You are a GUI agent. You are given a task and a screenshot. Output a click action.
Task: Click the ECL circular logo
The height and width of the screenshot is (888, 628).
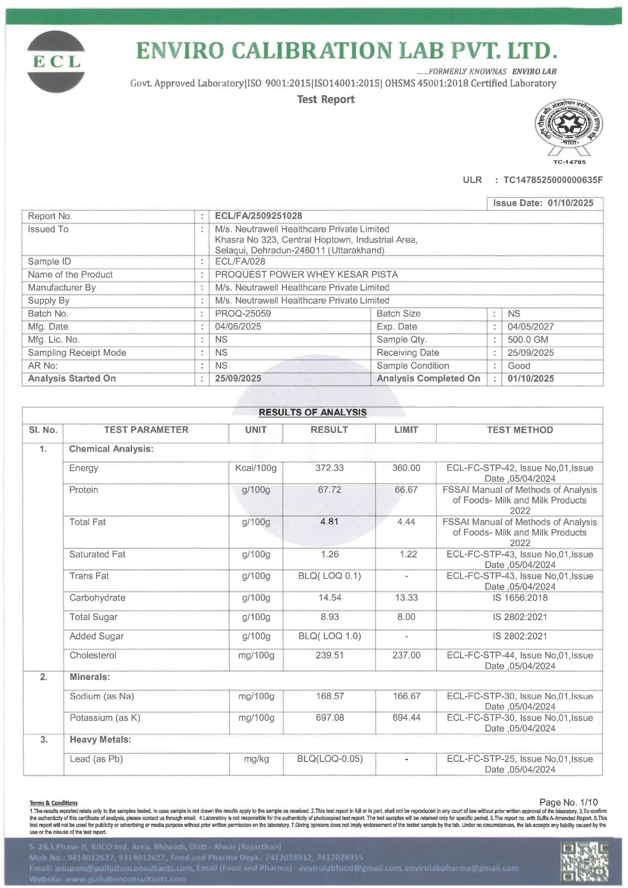coord(56,62)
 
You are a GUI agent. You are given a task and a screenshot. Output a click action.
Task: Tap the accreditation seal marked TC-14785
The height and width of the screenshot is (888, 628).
coord(569,129)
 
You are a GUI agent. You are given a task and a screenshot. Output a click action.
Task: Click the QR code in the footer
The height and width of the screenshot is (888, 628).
coord(585,861)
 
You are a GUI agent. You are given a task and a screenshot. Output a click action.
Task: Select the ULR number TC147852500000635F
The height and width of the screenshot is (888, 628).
coord(553,180)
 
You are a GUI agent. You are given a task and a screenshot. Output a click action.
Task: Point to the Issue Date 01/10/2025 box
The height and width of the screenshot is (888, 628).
coord(545,203)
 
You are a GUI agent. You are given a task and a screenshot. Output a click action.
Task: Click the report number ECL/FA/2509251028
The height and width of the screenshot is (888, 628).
coord(258,216)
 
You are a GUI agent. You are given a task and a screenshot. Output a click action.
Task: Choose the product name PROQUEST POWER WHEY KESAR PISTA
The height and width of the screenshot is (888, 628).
coord(306,275)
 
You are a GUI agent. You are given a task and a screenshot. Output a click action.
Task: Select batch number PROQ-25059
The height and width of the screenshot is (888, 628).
coord(243,314)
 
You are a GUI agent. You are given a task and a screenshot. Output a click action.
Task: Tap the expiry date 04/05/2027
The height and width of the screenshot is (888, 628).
coord(530,327)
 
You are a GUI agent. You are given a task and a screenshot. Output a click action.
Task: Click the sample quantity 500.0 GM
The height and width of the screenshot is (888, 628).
coord(528,340)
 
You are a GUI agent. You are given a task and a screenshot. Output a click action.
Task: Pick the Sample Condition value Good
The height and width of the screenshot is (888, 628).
coord(519,366)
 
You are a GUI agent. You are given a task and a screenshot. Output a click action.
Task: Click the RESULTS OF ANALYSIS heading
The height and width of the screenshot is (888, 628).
coord(312,413)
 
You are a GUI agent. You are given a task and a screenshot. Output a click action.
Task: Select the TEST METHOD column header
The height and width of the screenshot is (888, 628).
coord(520,430)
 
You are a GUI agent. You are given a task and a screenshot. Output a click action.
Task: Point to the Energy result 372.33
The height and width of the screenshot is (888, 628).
coord(329,468)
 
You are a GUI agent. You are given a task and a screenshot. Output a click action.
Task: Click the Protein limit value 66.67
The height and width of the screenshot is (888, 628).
coord(406,490)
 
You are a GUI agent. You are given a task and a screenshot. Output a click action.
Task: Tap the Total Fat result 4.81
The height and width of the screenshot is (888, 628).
coord(329,522)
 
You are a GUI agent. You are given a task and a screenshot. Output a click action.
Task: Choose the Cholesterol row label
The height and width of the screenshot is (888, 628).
coord(93,656)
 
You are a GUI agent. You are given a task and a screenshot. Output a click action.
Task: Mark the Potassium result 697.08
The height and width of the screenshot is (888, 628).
coord(330,718)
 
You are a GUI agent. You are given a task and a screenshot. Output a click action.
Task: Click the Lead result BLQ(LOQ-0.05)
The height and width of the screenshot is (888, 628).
coord(330,759)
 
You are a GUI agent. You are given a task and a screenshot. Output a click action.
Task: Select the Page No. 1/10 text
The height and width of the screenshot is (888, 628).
coord(568,802)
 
